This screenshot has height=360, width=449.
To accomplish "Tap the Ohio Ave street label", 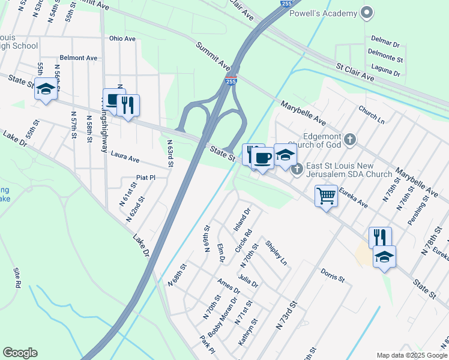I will click(122, 38).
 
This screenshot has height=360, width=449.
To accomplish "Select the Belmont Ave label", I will click(79, 58).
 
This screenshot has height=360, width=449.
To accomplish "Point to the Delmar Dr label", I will click(385, 44).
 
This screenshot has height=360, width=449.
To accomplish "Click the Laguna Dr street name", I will click(385, 72).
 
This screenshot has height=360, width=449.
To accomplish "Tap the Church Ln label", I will click(372, 114).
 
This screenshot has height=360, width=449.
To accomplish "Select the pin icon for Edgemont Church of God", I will click(351, 140).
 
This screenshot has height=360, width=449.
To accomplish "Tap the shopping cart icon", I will click(326, 196).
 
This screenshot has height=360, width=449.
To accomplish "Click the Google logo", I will click(20, 353).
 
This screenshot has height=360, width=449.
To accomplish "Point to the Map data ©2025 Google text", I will click(411, 355).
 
